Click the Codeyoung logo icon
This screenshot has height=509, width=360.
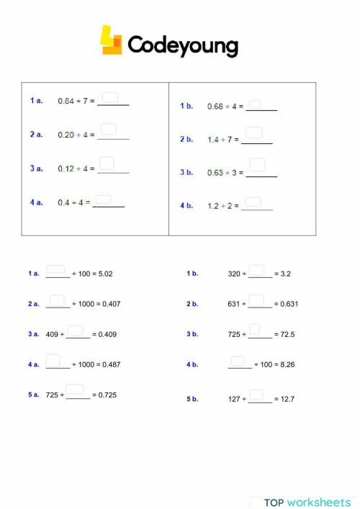[111, 41]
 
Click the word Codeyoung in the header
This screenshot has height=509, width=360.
[183, 46]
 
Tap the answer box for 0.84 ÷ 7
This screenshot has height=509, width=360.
[110, 98]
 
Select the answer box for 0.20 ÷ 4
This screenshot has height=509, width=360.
[109, 130]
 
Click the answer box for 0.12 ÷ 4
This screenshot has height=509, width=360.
[107, 163]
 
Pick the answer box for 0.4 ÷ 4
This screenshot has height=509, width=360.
[104, 200]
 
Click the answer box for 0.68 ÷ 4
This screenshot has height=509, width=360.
[254, 104]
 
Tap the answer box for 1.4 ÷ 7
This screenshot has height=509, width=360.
[254, 133]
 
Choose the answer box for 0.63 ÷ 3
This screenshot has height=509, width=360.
[257, 166]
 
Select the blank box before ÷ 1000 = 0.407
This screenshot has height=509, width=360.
[57, 300]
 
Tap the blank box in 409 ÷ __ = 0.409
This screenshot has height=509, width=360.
[75, 330]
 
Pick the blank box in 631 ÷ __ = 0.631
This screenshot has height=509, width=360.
[256, 300]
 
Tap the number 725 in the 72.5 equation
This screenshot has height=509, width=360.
[235, 335]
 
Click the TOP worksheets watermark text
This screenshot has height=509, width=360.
[307, 502]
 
